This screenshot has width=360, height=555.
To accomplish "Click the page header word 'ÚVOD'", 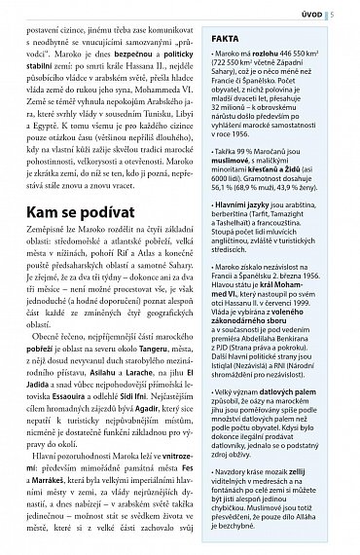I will (x=332, y=13).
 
